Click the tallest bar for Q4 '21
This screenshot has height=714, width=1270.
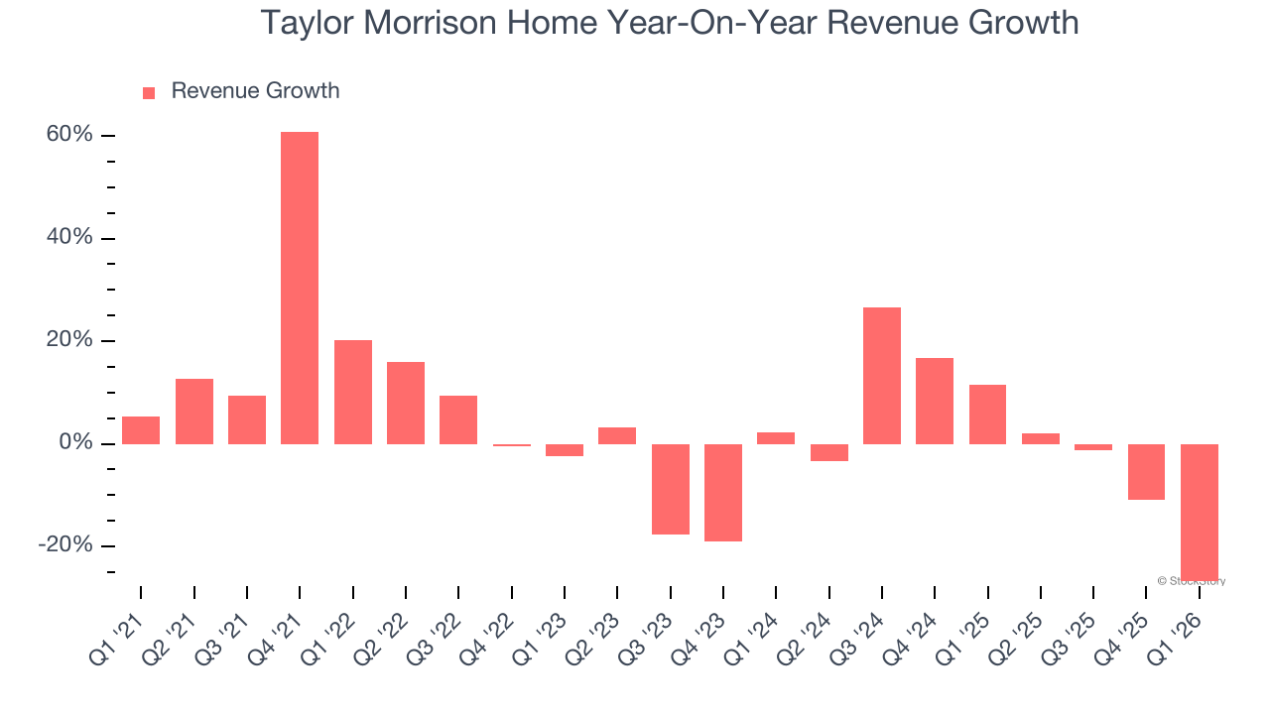coord(300,288)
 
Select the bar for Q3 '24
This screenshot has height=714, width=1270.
coord(882,376)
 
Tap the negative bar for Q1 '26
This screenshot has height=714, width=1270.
coord(1200,512)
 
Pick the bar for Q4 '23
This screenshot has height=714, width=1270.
coord(723,493)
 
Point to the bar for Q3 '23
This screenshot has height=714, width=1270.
coord(671,489)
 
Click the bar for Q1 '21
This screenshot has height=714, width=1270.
coord(141,430)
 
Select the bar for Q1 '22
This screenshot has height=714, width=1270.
coord(353,392)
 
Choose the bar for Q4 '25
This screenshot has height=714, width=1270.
coord(1146,472)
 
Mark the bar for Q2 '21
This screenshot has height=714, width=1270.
coord(194,412)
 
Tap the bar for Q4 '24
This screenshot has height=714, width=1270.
coord(935,401)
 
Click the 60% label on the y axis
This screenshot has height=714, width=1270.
coord(69,135)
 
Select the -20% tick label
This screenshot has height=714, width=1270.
coord(65,545)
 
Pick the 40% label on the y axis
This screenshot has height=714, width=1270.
coord(69,238)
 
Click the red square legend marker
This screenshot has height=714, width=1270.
coord(149,92)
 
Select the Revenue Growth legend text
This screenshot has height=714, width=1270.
coord(255,91)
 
